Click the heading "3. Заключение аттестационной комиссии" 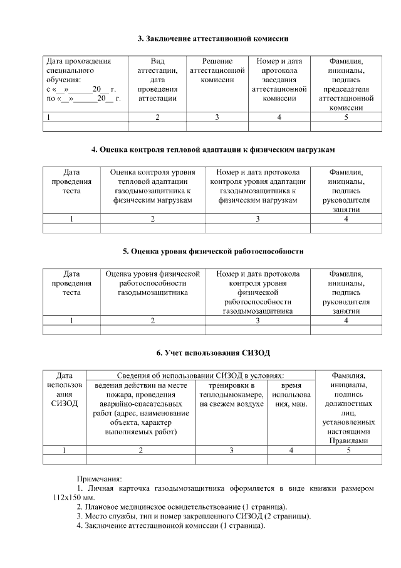[x=212, y=39]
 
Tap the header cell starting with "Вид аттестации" [x=157, y=80]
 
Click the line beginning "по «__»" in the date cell [x=83, y=99]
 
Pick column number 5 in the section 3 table [x=346, y=117]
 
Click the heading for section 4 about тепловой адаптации [x=212, y=150]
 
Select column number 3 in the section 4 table [x=258, y=218]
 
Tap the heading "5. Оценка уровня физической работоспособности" [x=212, y=251]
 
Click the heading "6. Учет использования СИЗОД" [x=212, y=353]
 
